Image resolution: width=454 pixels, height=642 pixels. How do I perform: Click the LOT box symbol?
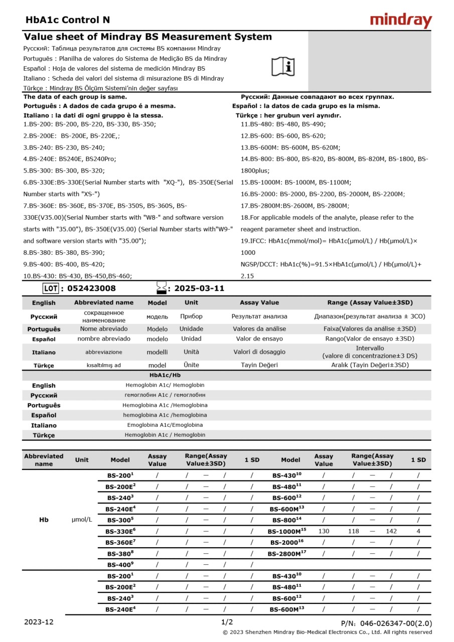point(51,288)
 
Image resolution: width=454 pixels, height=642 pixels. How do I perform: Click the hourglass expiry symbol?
point(162,288)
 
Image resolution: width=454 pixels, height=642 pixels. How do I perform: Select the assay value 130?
point(324,531)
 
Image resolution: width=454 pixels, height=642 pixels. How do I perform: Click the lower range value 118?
point(354,531)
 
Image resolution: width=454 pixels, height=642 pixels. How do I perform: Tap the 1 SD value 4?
point(418,531)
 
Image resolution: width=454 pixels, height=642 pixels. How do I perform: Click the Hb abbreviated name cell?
point(44,520)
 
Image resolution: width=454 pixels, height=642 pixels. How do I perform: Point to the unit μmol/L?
point(82,520)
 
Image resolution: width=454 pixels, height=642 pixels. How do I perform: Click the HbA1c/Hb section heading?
point(165,375)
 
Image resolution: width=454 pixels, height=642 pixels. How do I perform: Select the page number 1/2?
point(227,622)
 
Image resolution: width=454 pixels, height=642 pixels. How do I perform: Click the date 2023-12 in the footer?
point(39,622)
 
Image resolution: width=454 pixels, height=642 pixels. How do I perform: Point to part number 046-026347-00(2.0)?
point(386,623)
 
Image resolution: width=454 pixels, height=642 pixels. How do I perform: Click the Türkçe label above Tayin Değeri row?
point(44,366)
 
